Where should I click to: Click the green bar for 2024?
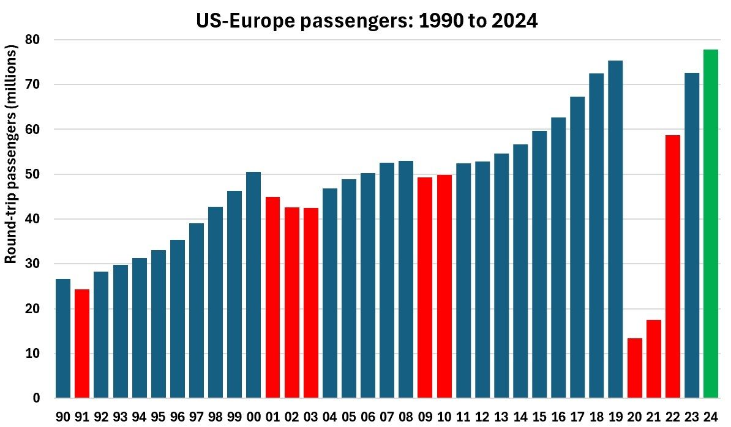click(x=710, y=224)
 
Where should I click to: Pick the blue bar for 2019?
click(x=615, y=229)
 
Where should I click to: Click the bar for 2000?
click(x=253, y=285)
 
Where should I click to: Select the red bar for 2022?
click(x=672, y=267)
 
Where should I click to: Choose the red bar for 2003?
click(x=310, y=303)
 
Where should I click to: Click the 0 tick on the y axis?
click(x=36, y=399)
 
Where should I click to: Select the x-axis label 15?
click(x=539, y=417)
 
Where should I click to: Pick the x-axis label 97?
click(x=197, y=417)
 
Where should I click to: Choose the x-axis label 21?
click(x=653, y=417)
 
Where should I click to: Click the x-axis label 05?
click(x=349, y=417)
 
